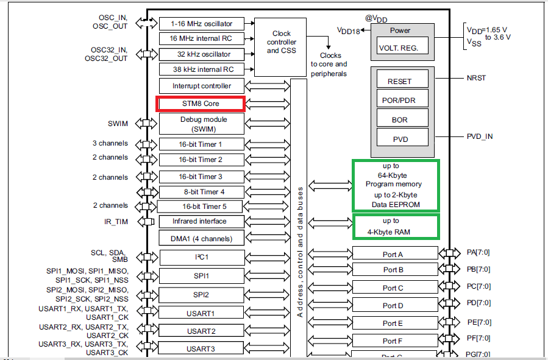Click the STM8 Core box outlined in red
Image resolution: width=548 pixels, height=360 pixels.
(x=201, y=104)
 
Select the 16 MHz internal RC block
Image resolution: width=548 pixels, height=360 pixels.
(x=201, y=38)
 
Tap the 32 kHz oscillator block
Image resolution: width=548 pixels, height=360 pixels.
(x=201, y=54)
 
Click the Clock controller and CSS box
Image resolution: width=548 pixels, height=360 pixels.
(x=282, y=41)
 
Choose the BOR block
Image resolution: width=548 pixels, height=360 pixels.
(x=400, y=120)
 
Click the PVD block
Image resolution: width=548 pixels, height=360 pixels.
(x=400, y=139)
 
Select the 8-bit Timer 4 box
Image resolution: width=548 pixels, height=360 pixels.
(x=201, y=192)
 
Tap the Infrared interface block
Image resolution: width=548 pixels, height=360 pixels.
(x=201, y=221)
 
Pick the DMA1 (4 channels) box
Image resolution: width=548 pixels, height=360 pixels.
(x=201, y=238)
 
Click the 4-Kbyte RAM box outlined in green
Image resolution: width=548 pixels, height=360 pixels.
(x=396, y=227)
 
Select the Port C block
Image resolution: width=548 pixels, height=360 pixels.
(x=394, y=288)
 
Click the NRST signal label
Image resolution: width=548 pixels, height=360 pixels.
(x=476, y=79)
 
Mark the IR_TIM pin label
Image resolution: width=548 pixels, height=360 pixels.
(x=116, y=222)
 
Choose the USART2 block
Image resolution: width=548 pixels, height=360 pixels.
(x=201, y=331)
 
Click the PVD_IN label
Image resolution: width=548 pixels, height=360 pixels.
(x=480, y=136)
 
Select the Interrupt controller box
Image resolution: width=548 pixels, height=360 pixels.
(x=201, y=86)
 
